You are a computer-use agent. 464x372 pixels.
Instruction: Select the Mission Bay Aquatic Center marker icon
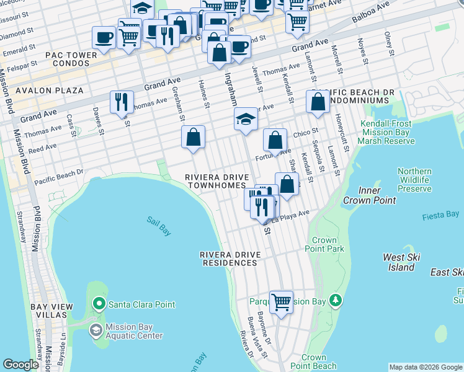click(x=96, y=330)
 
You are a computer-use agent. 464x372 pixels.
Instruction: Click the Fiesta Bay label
click(x=443, y=215)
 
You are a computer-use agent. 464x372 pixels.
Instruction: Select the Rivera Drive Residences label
click(x=228, y=259)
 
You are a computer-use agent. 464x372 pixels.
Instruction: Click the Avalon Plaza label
click(x=50, y=91)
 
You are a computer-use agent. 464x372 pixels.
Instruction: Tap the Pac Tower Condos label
click(x=71, y=60)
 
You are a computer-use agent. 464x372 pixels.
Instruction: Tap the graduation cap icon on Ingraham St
click(x=246, y=119)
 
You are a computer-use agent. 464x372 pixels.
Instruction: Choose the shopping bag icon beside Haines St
click(x=194, y=136)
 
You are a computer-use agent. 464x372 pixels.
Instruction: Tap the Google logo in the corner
click(x=21, y=365)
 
